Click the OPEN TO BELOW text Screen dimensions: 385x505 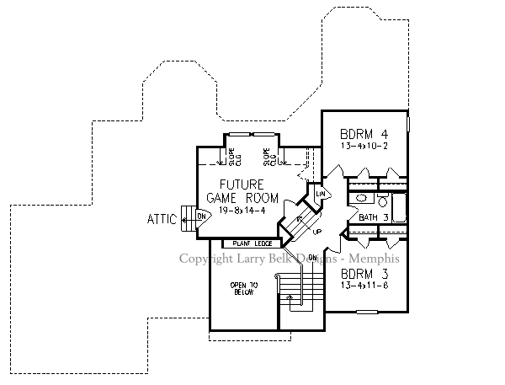click(242, 290)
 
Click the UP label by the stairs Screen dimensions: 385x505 click(316, 231)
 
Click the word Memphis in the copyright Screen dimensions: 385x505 click(371, 259)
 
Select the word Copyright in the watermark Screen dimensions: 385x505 click(206, 259)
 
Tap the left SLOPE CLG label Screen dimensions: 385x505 click(231, 156)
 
